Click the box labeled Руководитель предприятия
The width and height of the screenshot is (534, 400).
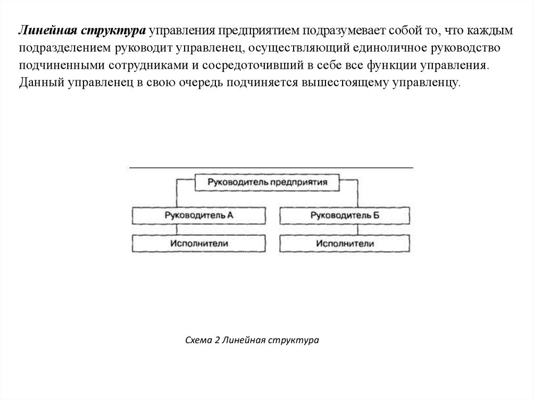click(x=268, y=183)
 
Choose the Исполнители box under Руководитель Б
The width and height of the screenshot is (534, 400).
click(x=344, y=244)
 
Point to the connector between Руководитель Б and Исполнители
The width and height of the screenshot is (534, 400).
click(x=358, y=229)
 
